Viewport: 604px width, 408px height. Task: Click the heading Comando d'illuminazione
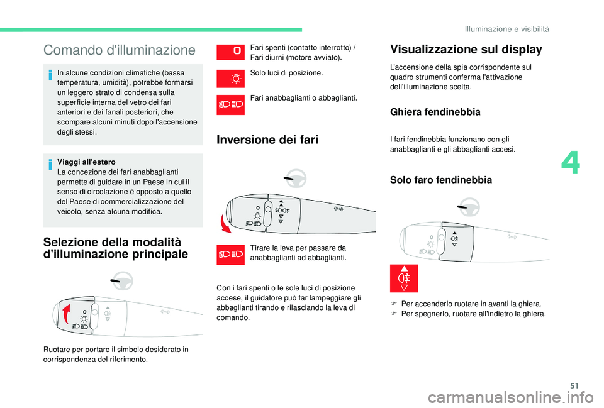(120, 50)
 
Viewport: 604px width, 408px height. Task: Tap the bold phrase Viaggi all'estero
(83, 162)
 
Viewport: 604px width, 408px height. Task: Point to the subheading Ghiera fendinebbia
(435, 112)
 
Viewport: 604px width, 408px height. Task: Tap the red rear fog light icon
(403, 278)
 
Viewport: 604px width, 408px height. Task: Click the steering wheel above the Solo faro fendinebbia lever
(467, 208)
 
